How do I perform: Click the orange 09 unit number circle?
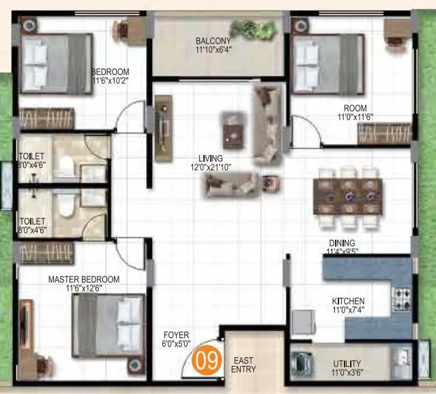(x=205, y=359)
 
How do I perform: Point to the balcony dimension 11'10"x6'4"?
(x=213, y=49)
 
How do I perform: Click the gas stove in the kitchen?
(x=401, y=298)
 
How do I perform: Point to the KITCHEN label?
(x=348, y=301)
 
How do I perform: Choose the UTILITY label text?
(x=348, y=364)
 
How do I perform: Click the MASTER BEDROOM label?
(x=84, y=279)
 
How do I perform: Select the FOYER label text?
(x=175, y=335)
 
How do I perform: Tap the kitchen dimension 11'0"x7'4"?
(x=348, y=311)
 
